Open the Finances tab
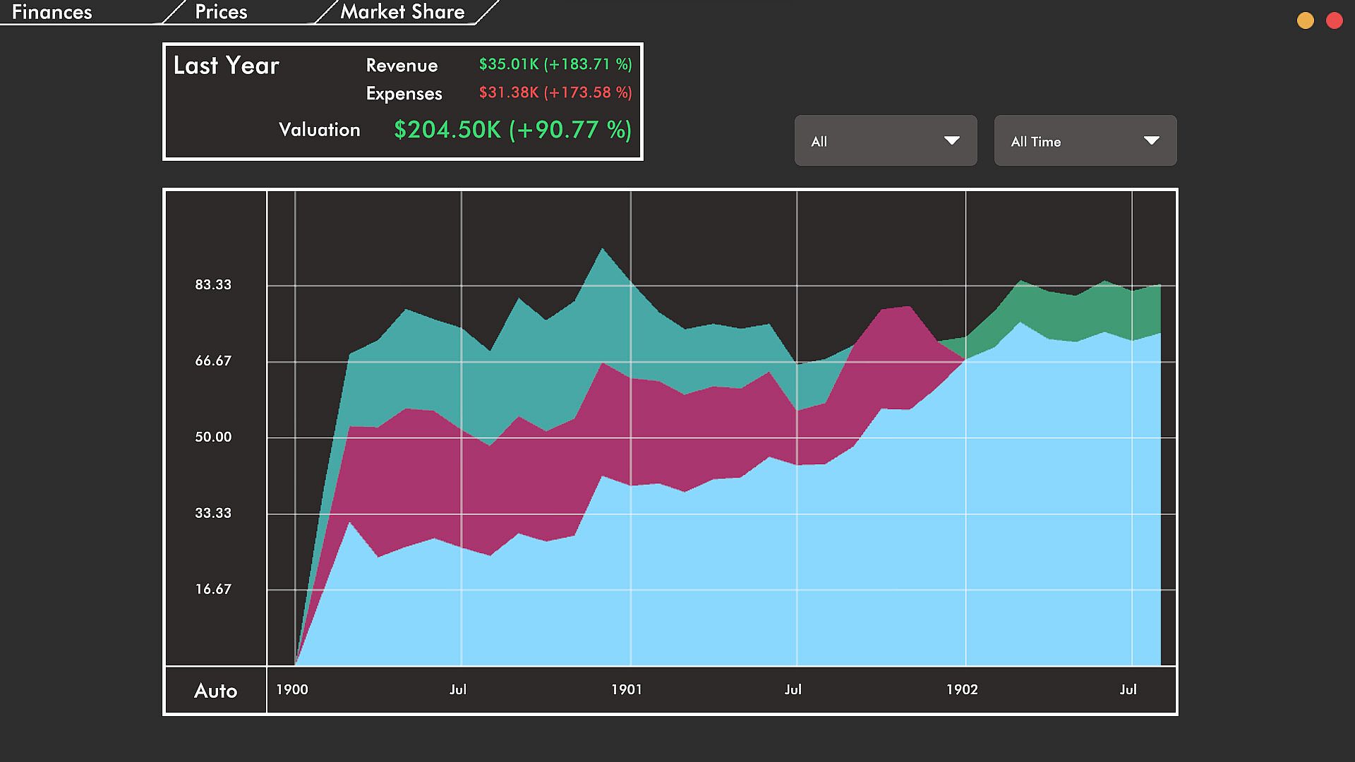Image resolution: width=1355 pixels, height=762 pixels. (x=52, y=12)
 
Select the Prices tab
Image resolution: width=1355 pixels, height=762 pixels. (x=221, y=12)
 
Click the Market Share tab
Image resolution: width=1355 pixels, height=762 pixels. (x=402, y=12)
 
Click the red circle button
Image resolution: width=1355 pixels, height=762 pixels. (x=1334, y=20)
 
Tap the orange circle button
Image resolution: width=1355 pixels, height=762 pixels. (x=1306, y=20)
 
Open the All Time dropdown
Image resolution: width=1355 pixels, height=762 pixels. (x=1085, y=141)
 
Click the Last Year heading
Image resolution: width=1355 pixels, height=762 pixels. (x=227, y=66)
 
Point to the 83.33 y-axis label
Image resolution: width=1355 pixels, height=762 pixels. (x=213, y=285)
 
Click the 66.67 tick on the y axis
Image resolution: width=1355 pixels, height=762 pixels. (x=213, y=361)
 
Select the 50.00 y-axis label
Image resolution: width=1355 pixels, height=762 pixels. (x=213, y=437)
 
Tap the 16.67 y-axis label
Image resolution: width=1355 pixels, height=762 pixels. (x=213, y=590)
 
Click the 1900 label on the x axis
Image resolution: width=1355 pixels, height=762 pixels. (x=291, y=690)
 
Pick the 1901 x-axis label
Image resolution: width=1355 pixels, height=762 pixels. (x=627, y=690)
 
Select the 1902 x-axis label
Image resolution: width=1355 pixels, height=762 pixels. (x=962, y=690)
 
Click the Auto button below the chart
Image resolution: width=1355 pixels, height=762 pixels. (x=215, y=691)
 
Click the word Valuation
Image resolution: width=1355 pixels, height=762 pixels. (x=319, y=130)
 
